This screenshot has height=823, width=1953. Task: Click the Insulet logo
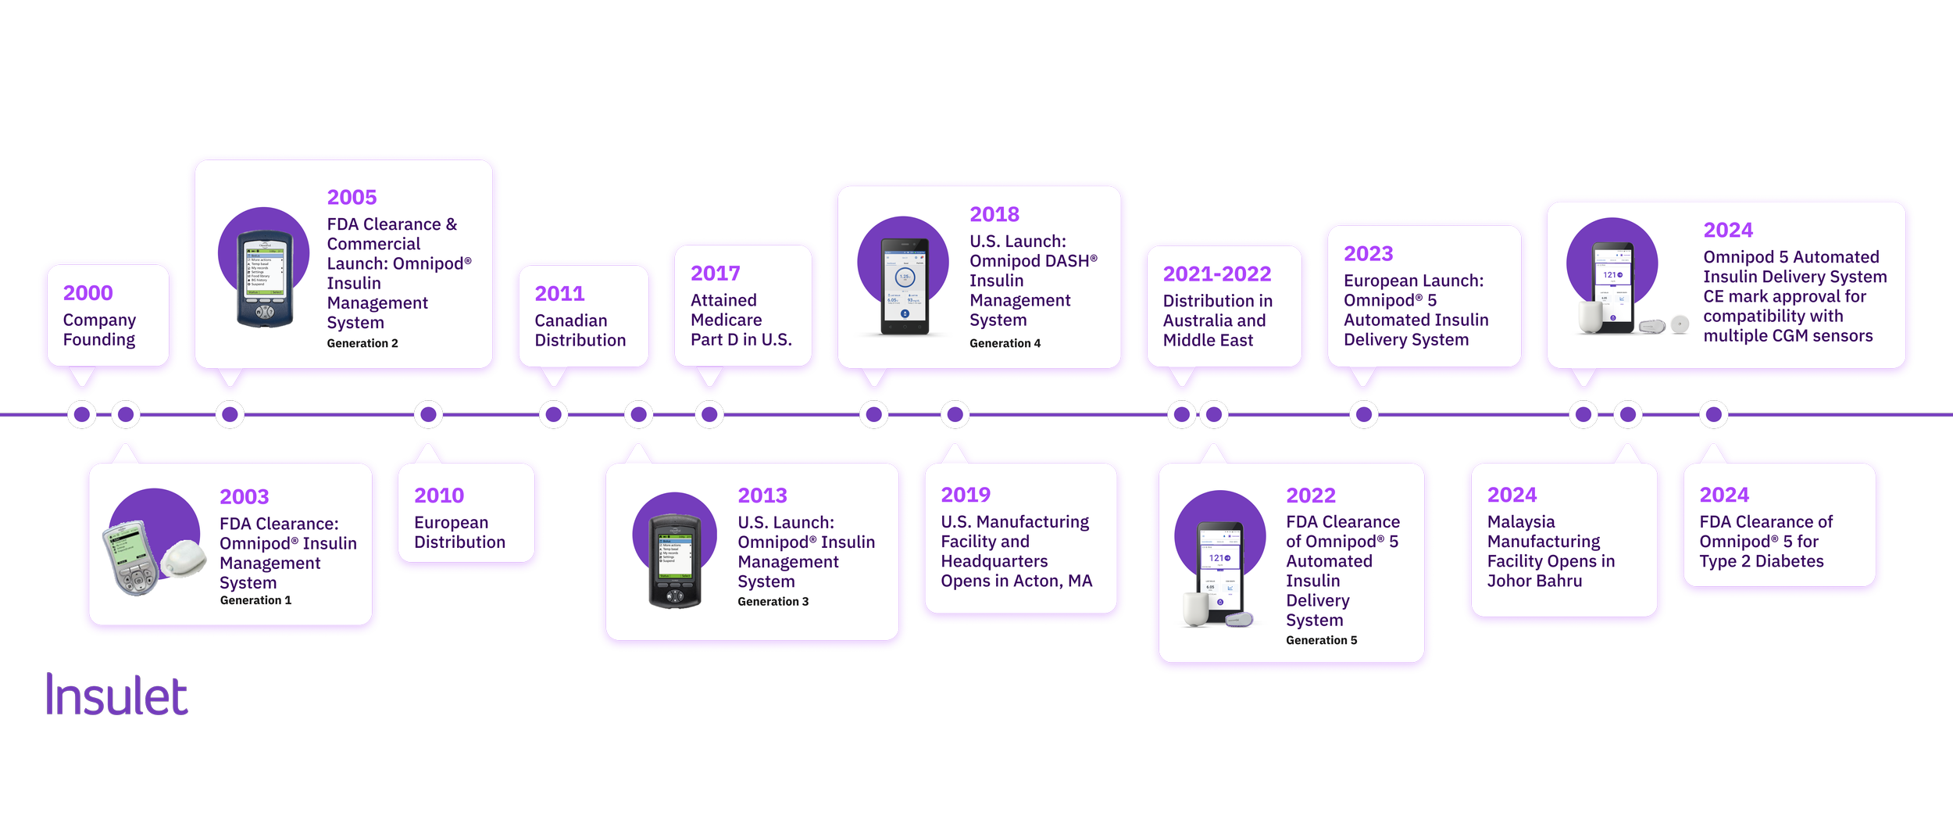coord(116,695)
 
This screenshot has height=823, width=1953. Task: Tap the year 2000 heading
coord(87,293)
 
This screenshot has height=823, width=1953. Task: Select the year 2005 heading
coord(352,198)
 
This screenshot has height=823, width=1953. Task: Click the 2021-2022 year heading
coord(1216,274)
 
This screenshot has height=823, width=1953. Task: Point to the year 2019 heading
coord(966,495)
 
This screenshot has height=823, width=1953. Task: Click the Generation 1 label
coord(255,600)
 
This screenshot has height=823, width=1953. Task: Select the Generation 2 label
coord(362,343)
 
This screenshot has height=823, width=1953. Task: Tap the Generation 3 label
coord(773,602)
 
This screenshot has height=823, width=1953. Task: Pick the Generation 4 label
coord(1005,343)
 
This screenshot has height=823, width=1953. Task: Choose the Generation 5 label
coord(1321,640)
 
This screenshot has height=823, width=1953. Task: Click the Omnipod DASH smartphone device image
coord(905,287)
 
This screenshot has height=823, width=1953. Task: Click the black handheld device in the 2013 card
coord(674,560)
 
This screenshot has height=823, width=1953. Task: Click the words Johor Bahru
coord(1534,581)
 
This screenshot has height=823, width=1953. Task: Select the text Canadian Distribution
coord(580,331)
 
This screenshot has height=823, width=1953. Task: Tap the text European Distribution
coord(459,532)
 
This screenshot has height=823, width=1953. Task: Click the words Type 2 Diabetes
coord(1761,562)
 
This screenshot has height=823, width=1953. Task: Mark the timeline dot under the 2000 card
coord(82,414)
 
